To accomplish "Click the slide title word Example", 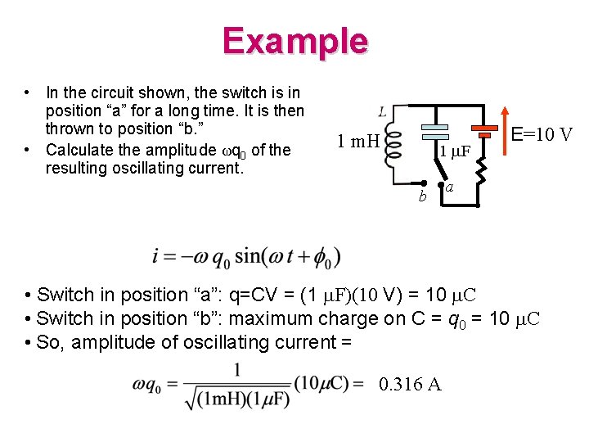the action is tap(294, 41).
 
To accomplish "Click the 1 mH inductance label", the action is tap(357, 142).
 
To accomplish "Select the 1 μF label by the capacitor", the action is tap(454, 152).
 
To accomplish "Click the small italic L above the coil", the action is tap(383, 111).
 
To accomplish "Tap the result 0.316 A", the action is tap(410, 384).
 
